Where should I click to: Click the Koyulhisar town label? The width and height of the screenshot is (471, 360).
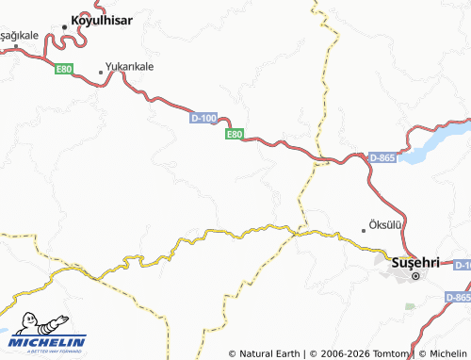104,20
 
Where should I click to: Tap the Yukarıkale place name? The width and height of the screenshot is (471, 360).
130,69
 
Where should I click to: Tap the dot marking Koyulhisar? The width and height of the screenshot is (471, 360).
64,26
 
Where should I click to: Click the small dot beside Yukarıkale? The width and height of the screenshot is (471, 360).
101,72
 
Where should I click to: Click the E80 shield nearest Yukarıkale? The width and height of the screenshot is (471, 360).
64,69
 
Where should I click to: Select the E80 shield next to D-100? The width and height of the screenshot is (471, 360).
235,135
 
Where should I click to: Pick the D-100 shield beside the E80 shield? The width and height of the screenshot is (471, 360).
203,118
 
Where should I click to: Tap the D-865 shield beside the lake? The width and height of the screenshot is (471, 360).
382,157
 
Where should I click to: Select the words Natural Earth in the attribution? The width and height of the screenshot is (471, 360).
268,353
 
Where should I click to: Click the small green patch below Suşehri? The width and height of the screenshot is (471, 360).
409,306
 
